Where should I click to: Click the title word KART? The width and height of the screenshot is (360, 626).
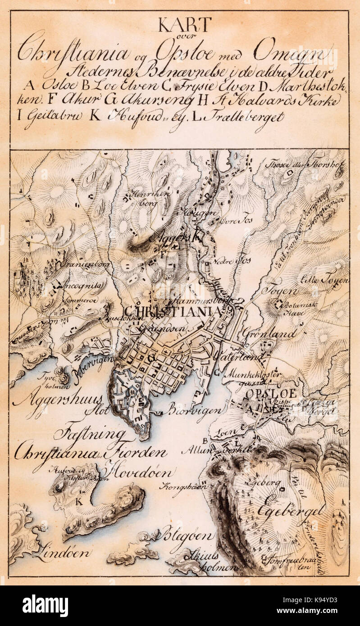click(x=184, y=25)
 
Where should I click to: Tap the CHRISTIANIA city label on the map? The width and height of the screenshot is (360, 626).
click(x=173, y=312)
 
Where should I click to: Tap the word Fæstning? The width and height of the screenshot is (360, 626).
click(x=89, y=434)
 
